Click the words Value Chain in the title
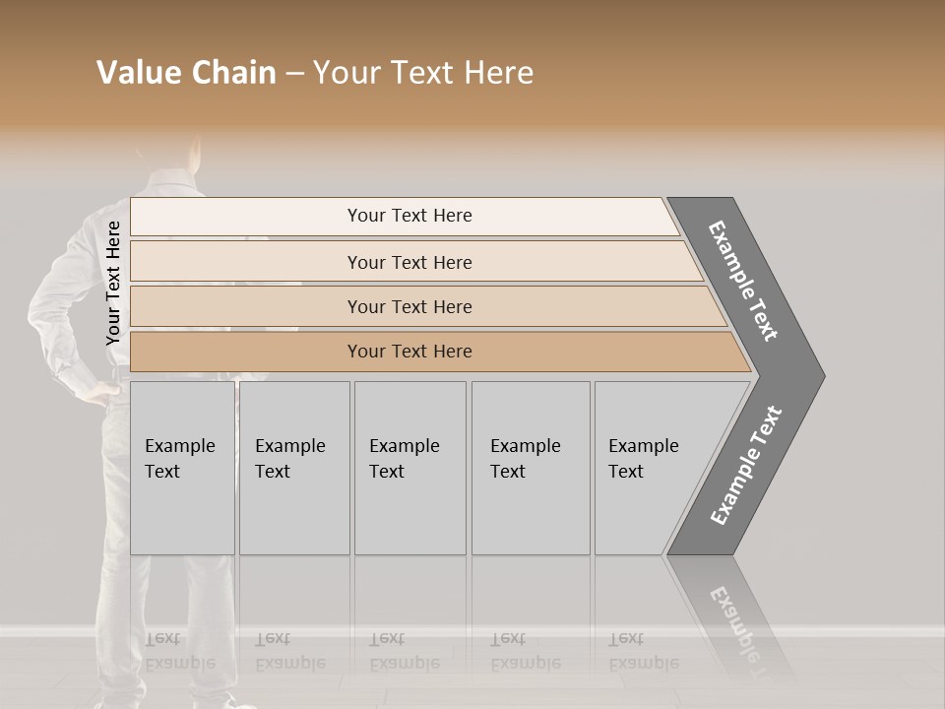[x=186, y=73]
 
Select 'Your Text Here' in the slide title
[x=423, y=73]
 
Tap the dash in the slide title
[x=294, y=73]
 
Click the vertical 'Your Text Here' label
[x=113, y=283]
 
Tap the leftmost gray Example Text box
[x=182, y=467]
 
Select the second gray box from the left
[x=294, y=467]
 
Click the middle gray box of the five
[x=409, y=467]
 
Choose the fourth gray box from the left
[x=531, y=467]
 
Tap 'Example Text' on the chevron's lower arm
[x=746, y=465]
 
